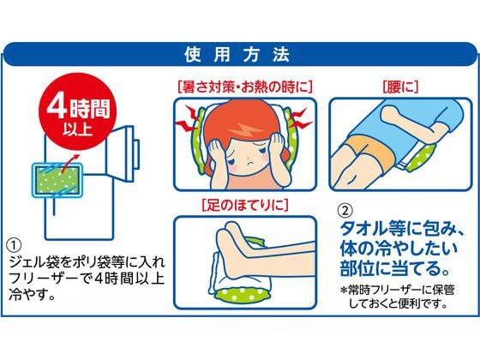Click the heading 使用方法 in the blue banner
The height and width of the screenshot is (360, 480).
(237, 55)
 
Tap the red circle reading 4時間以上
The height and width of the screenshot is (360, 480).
(78, 111)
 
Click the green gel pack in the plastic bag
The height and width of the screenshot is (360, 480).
(57, 180)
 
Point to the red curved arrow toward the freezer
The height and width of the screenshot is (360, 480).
(69, 163)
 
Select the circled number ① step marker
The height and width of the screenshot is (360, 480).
(14, 245)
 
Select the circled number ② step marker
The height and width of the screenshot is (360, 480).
(345, 210)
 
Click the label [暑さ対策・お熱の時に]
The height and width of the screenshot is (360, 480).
(245, 87)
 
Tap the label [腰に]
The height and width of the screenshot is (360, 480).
(400, 87)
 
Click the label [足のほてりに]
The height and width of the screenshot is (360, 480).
(245, 205)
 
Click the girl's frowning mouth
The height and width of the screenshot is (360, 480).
(250, 163)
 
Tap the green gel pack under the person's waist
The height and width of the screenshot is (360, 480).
(422, 157)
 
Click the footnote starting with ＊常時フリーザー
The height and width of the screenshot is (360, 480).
(398, 297)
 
